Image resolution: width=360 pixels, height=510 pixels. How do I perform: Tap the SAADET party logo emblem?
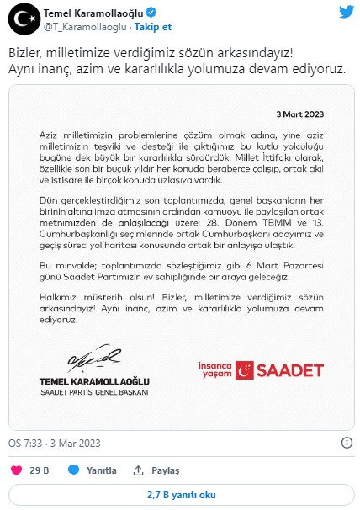click(246, 369)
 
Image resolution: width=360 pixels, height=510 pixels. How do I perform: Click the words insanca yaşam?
click(216, 370)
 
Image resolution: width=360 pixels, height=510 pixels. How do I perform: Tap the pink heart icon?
click(16, 470)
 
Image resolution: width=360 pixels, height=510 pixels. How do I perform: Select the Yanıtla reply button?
click(93, 470)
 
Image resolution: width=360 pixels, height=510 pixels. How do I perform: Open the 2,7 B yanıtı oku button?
click(179, 495)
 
